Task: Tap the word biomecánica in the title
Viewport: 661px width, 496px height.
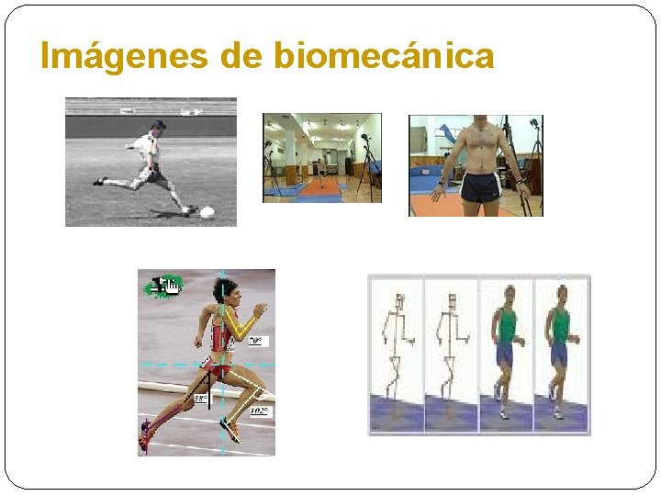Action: [384, 57]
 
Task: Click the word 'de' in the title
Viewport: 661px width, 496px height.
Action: [241, 57]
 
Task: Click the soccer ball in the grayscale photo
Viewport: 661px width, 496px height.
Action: [207, 212]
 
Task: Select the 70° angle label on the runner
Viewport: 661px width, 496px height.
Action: [257, 341]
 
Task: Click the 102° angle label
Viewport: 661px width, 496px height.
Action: [259, 411]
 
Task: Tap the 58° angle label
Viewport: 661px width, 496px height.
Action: [201, 399]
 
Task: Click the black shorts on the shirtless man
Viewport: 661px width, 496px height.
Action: [480, 187]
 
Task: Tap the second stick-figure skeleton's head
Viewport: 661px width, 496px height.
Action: [451, 301]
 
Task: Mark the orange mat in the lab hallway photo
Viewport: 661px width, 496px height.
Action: [318, 187]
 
